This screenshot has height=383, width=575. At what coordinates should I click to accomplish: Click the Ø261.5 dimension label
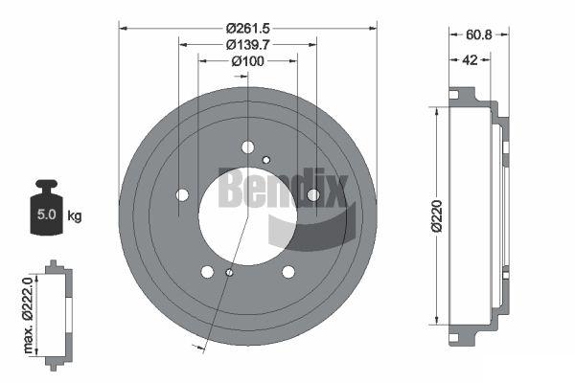click(248, 28)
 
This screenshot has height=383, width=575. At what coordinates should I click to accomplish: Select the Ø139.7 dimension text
click(248, 45)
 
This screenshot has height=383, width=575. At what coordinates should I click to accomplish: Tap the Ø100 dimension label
click(247, 61)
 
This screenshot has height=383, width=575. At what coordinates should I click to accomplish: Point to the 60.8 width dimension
click(479, 34)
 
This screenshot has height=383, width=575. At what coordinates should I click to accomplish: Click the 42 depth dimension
click(470, 59)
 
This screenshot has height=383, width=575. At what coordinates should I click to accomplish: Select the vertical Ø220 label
click(437, 216)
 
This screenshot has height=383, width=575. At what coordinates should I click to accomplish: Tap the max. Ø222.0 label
click(28, 315)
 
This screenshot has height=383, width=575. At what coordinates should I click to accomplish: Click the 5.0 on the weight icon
click(47, 214)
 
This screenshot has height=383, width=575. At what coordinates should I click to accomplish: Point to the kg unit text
click(75, 215)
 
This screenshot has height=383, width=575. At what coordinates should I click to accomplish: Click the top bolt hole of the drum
click(248, 147)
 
